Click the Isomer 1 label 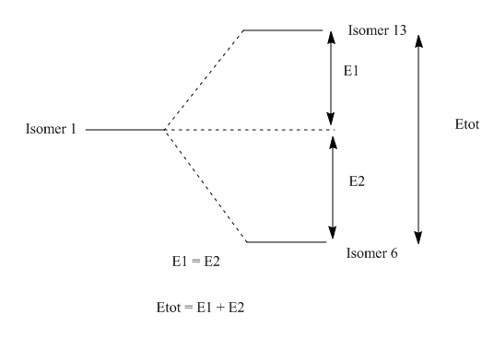tap(51, 129)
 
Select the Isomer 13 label tap(377, 30)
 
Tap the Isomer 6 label tap(371, 253)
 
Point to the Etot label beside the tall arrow tap(467, 124)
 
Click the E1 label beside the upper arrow tap(351, 71)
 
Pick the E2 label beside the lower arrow tap(357, 181)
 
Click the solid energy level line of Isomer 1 tap(125, 129)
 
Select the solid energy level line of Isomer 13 tap(283, 30)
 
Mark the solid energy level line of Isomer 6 tap(287, 242)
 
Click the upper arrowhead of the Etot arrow tap(418, 41)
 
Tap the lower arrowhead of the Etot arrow tap(418, 238)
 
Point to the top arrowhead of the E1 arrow tap(331, 38)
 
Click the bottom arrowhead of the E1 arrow tap(331, 119)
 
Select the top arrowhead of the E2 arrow tap(333, 142)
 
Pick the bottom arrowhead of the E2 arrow tap(333, 232)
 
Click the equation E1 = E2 tap(195, 262)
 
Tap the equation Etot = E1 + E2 tap(200, 308)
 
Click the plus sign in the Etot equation tap(220, 308)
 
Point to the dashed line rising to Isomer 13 tap(205, 80)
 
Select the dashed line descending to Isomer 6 tap(206, 186)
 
